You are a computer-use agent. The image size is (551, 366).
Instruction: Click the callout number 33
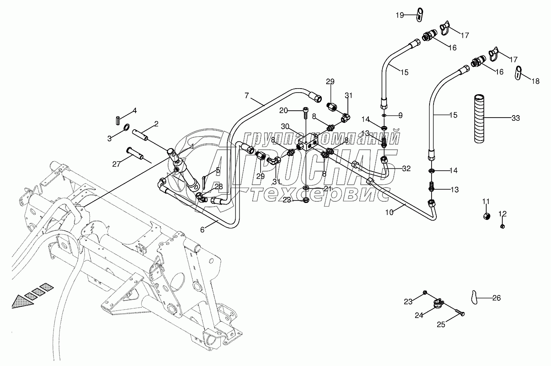click(x=516, y=118)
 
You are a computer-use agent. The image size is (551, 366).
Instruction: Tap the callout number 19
click(x=399, y=15)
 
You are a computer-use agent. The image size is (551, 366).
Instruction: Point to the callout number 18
click(x=535, y=81)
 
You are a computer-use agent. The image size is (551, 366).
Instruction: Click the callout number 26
click(x=497, y=298)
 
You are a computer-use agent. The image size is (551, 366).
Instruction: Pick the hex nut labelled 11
click(x=486, y=216)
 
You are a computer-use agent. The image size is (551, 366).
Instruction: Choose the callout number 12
click(x=503, y=213)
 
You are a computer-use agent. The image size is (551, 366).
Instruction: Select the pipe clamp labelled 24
click(x=438, y=303)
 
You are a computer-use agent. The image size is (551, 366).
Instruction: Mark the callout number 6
click(x=202, y=230)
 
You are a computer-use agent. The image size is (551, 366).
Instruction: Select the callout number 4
click(x=123, y=110)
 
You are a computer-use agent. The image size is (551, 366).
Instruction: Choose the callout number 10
click(x=389, y=212)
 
